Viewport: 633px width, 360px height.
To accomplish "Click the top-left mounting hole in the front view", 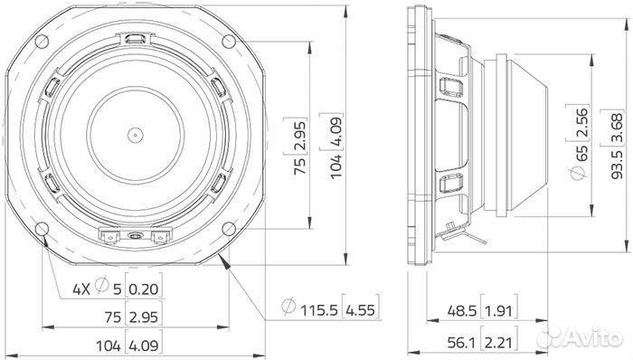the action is (x=42, y=42).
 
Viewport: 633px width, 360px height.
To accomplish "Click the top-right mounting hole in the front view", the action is (x=229, y=42).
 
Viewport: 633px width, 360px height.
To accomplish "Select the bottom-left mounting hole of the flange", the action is (x=42, y=229).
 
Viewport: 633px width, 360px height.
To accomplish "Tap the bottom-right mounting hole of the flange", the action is (x=229, y=229).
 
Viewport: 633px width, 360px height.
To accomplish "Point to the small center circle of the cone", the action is (x=136, y=135).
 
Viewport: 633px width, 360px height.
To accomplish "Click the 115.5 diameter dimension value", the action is (x=318, y=310).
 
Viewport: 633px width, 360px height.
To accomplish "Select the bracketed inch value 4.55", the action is (x=360, y=310).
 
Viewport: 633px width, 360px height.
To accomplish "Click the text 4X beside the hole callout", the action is (x=81, y=289).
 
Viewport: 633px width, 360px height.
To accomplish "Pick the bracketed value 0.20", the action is (x=143, y=289).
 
